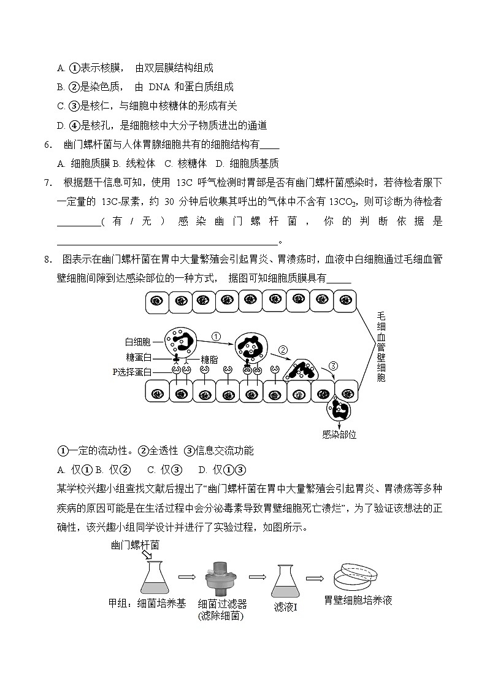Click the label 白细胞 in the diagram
tap(139, 342)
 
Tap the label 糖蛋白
tap(139, 358)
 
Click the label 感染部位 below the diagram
tap(339, 434)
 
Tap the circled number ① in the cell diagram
tap(216, 336)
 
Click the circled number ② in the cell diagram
tap(283, 350)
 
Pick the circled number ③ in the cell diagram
tap(333, 366)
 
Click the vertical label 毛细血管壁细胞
tap(381, 346)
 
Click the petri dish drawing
tap(357, 577)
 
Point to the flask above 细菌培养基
tap(155, 577)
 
